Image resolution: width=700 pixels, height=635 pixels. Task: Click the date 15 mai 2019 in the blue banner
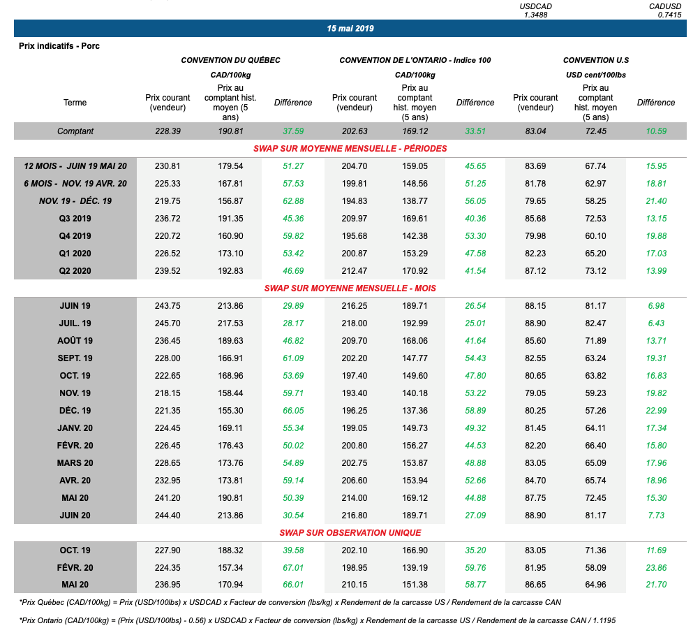click(x=350, y=29)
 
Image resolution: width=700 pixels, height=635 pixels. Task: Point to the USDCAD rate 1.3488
click(x=535, y=15)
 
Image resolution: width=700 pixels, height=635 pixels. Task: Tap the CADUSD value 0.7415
click(x=669, y=15)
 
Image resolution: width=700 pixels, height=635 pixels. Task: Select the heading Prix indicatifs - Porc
click(x=59, y=46)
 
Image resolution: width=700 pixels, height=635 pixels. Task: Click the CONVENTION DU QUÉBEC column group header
click(x=230, y=60)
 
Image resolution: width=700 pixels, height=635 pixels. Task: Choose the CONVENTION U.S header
click(x=596, y=60)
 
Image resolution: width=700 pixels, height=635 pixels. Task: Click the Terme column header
click(x=75, y=103)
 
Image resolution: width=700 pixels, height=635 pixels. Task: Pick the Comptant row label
click(x=75, y=131)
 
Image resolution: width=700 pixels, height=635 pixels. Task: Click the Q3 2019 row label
click(x=75, y=219)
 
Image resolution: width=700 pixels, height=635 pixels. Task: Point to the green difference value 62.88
click(x=293, y=201)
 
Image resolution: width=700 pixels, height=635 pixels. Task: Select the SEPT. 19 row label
click(x=75, y=358)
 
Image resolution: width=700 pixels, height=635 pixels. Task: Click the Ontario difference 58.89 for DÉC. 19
click(x=475, y=411)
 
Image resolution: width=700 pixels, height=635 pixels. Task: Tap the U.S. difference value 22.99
click(x=656, y=411)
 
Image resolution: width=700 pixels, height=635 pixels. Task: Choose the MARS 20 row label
click(x=75, y=463)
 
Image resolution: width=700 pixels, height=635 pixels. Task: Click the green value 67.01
click(x=293, y=568)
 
